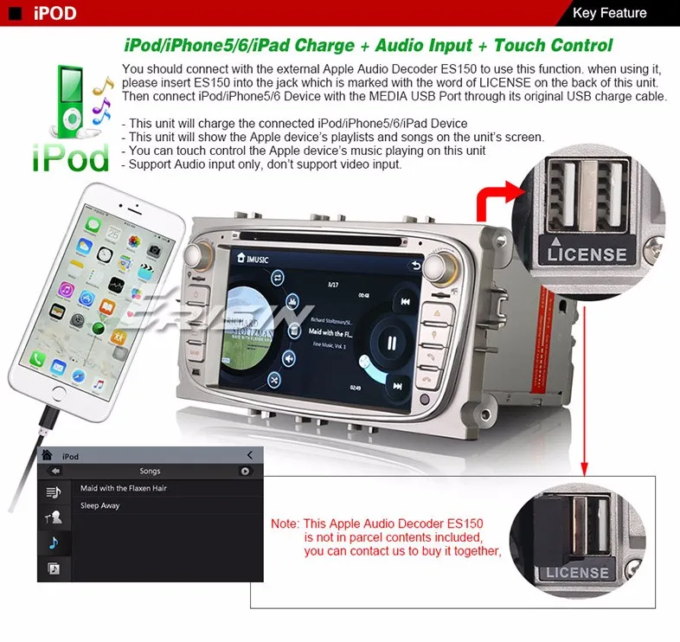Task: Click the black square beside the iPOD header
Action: [15, 14]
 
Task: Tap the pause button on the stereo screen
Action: [391, 343]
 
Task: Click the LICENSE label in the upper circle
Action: [587, 254]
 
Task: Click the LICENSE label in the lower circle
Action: [577, 572]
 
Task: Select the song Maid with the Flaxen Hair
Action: [124, 489]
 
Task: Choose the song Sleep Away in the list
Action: [100, 506]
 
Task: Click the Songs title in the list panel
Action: [150, 472]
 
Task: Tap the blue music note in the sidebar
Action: [53, 543]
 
